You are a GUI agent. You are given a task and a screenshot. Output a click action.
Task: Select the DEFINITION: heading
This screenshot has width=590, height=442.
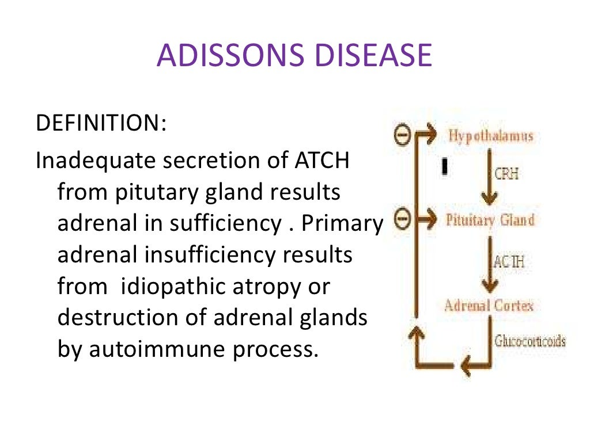(101, 123)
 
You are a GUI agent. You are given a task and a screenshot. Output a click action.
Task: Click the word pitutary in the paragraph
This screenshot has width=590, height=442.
(158, 192)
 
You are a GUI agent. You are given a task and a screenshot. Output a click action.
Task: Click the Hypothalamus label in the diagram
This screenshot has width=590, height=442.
(490, 136)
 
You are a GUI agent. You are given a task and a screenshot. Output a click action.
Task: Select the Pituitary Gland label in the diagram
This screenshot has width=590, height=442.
(490, 220)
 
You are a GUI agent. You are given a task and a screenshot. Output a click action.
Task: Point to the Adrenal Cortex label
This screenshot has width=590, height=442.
(489, 305)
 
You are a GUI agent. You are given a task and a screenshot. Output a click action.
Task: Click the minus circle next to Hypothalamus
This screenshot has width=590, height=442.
(402, 135)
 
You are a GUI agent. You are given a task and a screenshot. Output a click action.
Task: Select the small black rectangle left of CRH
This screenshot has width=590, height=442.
(445, 166)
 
